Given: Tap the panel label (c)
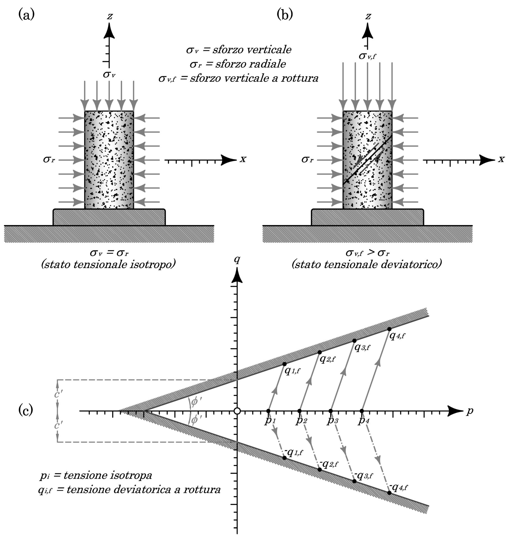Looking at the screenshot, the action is [x=26, y=410].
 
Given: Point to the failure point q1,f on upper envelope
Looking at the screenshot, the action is [x=284, y=364].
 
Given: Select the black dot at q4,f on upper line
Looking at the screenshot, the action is [x=389, y=329].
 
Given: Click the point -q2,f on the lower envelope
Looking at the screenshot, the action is [x=319, y=469].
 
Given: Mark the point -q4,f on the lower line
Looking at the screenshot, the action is [x=389, y=493].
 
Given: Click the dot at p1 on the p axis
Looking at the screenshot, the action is [x=268, y=411].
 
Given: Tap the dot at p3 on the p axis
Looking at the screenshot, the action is [x=331, y=411].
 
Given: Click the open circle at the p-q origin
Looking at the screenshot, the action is [x=237, y=411].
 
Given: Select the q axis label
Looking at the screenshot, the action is [x=237, y=261].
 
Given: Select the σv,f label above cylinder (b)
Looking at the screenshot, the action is [x=367, y=56].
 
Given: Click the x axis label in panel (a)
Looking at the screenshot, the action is [x=243, y=159].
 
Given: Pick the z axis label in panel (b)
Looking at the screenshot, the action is [x=368, y=17].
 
